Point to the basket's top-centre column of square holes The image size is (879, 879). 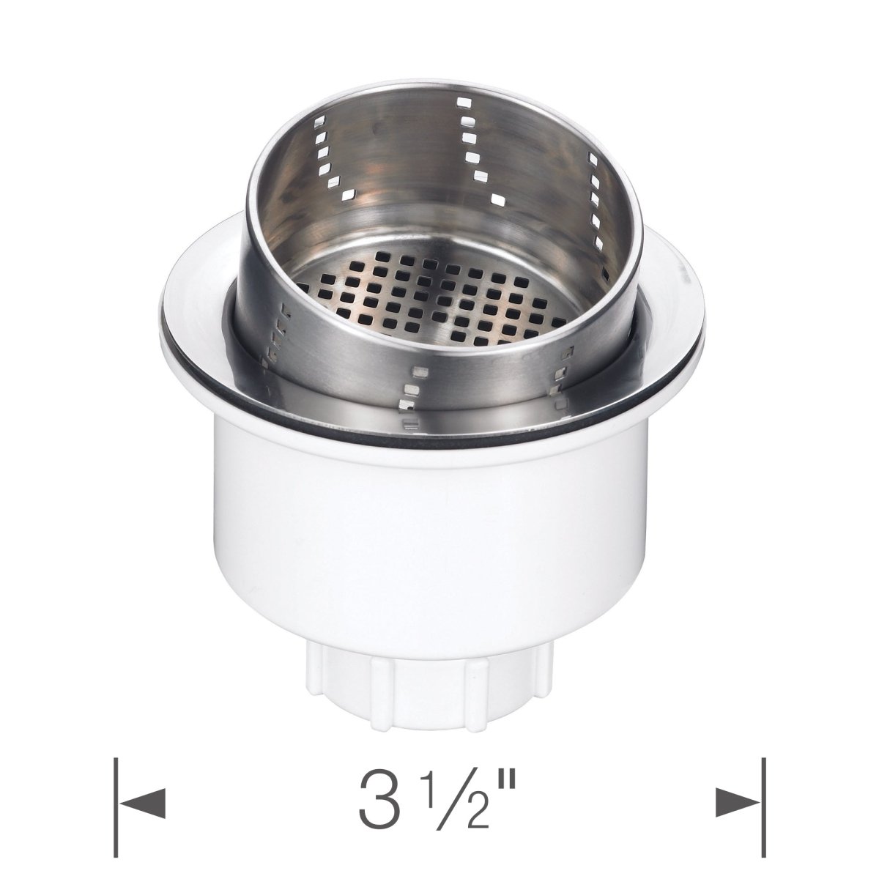tap(469, 139)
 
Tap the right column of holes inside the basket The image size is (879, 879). tap(593, 198)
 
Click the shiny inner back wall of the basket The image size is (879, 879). tap(410, 168)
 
